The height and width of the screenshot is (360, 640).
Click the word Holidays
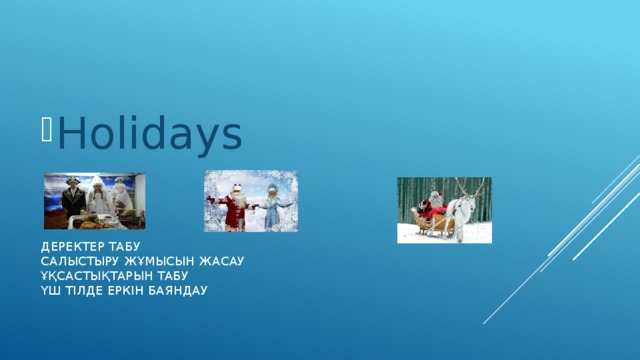point(150,134)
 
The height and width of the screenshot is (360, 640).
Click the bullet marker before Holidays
point(47,129)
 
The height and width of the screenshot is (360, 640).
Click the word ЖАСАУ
point(221,260)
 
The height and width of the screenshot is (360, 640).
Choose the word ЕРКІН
point(133,290)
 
